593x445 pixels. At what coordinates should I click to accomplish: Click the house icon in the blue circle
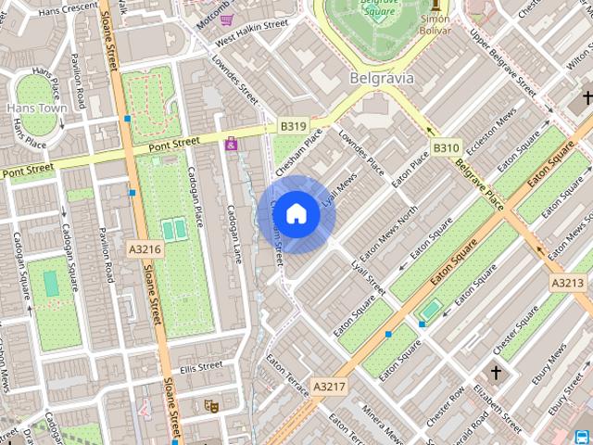pos(296,214)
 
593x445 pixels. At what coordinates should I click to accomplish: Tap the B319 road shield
pos(293,125)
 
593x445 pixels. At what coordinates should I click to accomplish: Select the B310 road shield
pos(446,147)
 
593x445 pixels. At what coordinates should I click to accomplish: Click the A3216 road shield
pos(145,249)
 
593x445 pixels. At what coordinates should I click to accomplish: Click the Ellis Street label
pos(202,367)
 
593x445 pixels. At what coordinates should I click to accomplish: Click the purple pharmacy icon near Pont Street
pos(231,144)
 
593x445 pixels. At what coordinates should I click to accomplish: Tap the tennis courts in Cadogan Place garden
pos(172,230)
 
